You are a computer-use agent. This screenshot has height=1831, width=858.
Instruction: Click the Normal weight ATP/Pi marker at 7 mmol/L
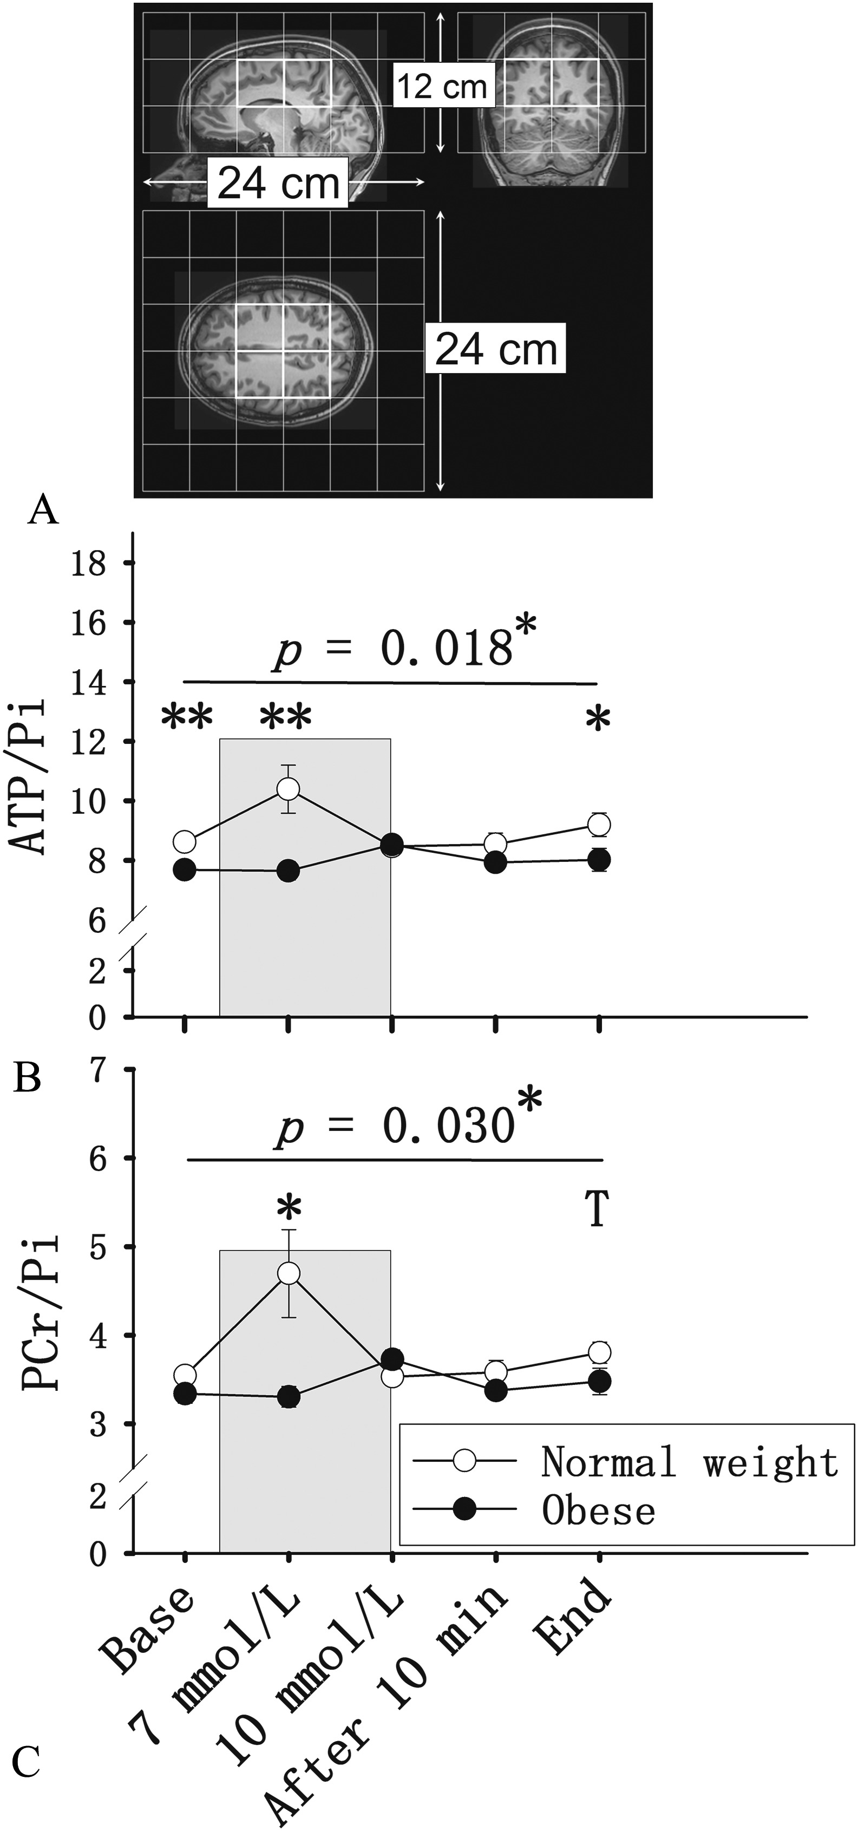click(x=288, y=788)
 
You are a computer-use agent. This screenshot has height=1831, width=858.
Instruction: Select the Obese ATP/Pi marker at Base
click(x=185, y=870)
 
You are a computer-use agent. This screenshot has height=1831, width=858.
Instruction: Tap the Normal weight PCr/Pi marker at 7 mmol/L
click(x=288, y=1273)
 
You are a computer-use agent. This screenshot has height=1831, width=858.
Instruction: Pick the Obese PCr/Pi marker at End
click(x=599, y=1381)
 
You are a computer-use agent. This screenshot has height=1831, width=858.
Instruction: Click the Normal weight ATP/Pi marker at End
click(x=599, y=825)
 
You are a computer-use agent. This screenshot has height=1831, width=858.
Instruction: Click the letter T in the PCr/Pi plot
click(x=597, y=1210)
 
